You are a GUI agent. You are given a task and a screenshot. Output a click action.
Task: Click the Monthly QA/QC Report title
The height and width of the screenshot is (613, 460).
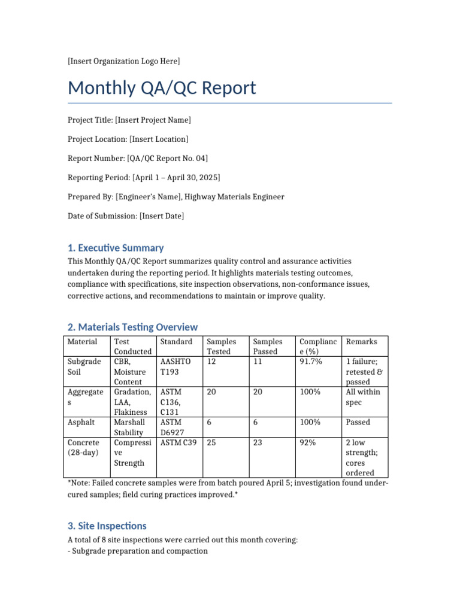(162, 88)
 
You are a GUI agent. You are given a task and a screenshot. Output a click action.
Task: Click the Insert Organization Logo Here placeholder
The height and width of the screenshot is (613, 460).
(124, 61)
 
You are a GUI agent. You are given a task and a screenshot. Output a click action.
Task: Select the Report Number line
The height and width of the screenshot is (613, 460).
(138, 159)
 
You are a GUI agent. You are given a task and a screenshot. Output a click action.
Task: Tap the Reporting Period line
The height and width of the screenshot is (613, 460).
(144, 178)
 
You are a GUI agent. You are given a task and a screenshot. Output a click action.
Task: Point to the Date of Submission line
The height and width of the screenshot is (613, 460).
(126, 216)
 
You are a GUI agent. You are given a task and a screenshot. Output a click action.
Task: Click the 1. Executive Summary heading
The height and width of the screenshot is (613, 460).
(116, 248)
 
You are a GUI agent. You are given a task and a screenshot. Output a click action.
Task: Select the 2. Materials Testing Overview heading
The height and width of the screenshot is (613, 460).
(132, 327)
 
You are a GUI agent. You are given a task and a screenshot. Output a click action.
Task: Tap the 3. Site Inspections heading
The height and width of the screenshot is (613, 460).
(107, 526)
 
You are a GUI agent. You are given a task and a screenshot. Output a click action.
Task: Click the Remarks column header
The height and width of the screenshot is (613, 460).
(362, 342)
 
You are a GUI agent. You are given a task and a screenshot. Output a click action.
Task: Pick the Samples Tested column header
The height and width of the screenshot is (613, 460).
(221, 347)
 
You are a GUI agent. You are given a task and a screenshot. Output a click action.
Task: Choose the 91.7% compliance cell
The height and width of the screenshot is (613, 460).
(310, 362)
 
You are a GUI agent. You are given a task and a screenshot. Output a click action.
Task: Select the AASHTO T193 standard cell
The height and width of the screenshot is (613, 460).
(175, 366)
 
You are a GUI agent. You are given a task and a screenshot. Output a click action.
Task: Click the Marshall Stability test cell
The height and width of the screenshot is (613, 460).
(129, 427)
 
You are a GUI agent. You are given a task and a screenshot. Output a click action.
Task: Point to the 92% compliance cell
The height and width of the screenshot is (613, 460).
(308, 443)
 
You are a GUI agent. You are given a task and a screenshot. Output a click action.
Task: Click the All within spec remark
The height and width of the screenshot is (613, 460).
(362, 397)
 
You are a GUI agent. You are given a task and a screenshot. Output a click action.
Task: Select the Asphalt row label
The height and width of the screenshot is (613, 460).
(81, 423)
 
